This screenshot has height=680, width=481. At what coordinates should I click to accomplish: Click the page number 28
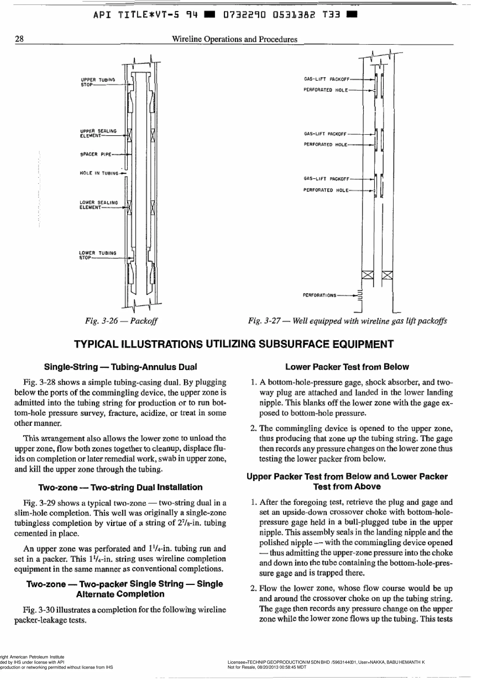[x=19, y=39]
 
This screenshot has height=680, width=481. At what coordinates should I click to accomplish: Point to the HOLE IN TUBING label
[x=99, y=173]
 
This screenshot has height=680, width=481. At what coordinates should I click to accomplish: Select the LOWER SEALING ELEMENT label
[x=98, y=205]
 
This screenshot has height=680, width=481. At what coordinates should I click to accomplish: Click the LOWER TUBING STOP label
[x=97, y=255]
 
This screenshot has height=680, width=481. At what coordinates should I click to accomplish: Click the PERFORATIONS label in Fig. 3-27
[x=319, y=295]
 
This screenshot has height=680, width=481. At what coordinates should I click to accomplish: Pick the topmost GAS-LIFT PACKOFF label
[x=327, y=79]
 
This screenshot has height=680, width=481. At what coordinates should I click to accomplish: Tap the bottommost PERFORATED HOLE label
[x=326, y=190]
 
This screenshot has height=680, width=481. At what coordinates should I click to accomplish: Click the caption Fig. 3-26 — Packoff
[x=121, y=321]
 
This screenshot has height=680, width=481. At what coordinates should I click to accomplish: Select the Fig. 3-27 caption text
[x=347, y=321]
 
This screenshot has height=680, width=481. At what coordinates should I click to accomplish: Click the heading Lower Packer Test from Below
[x=347, y=367]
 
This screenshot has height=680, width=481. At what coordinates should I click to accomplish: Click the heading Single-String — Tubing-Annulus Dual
[x=120, y=367]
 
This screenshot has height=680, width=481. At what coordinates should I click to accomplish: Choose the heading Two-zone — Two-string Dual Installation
[x=120, y=487]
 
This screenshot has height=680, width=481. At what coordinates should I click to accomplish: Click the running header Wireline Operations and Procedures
[x=234, y=39]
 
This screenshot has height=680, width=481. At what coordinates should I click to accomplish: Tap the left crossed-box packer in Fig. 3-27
[x=368, y=275]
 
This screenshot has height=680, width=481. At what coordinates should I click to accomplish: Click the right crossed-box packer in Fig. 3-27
[x=387, y=275]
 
